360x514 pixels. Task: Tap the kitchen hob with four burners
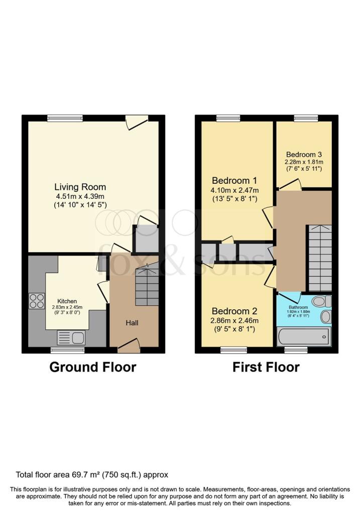(x=37, y=301)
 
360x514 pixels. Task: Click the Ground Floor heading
(x=92, y=367)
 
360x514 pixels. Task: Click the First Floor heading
(x=266, y=367)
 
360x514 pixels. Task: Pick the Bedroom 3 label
(x=304, y=155)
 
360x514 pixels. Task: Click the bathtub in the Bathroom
(x=304, y=336)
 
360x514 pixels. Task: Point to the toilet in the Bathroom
(x=321, y=301)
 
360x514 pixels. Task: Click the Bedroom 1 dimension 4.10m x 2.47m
(x=235, y=190)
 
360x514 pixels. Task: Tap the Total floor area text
(x=92, y=474)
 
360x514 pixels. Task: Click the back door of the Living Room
(x=137, y=120)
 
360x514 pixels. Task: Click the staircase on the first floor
(x=319, y=257)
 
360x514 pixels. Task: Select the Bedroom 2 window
(x=234, y=349)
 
